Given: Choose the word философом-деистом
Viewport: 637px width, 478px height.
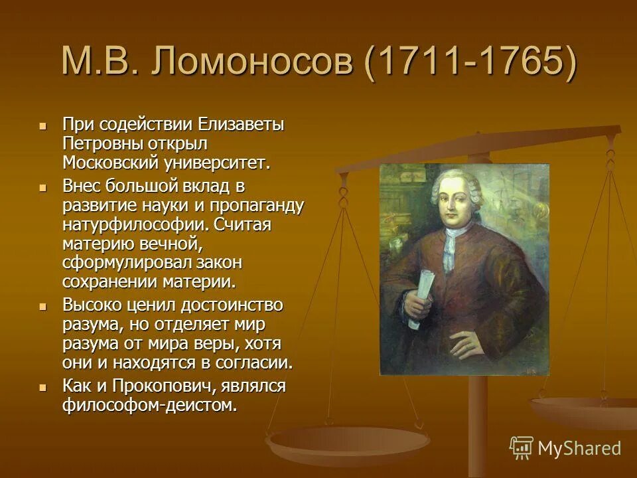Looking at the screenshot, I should [x=149, y=405].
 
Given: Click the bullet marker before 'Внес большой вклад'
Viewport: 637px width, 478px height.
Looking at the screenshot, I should [x=43, y=187].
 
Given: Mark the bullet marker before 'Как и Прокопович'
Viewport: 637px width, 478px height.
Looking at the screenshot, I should [x=43, y=387].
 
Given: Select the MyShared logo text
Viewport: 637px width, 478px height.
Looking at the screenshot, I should [x=579, y=448].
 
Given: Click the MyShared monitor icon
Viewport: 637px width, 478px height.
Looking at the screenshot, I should [x=522, y=448].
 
